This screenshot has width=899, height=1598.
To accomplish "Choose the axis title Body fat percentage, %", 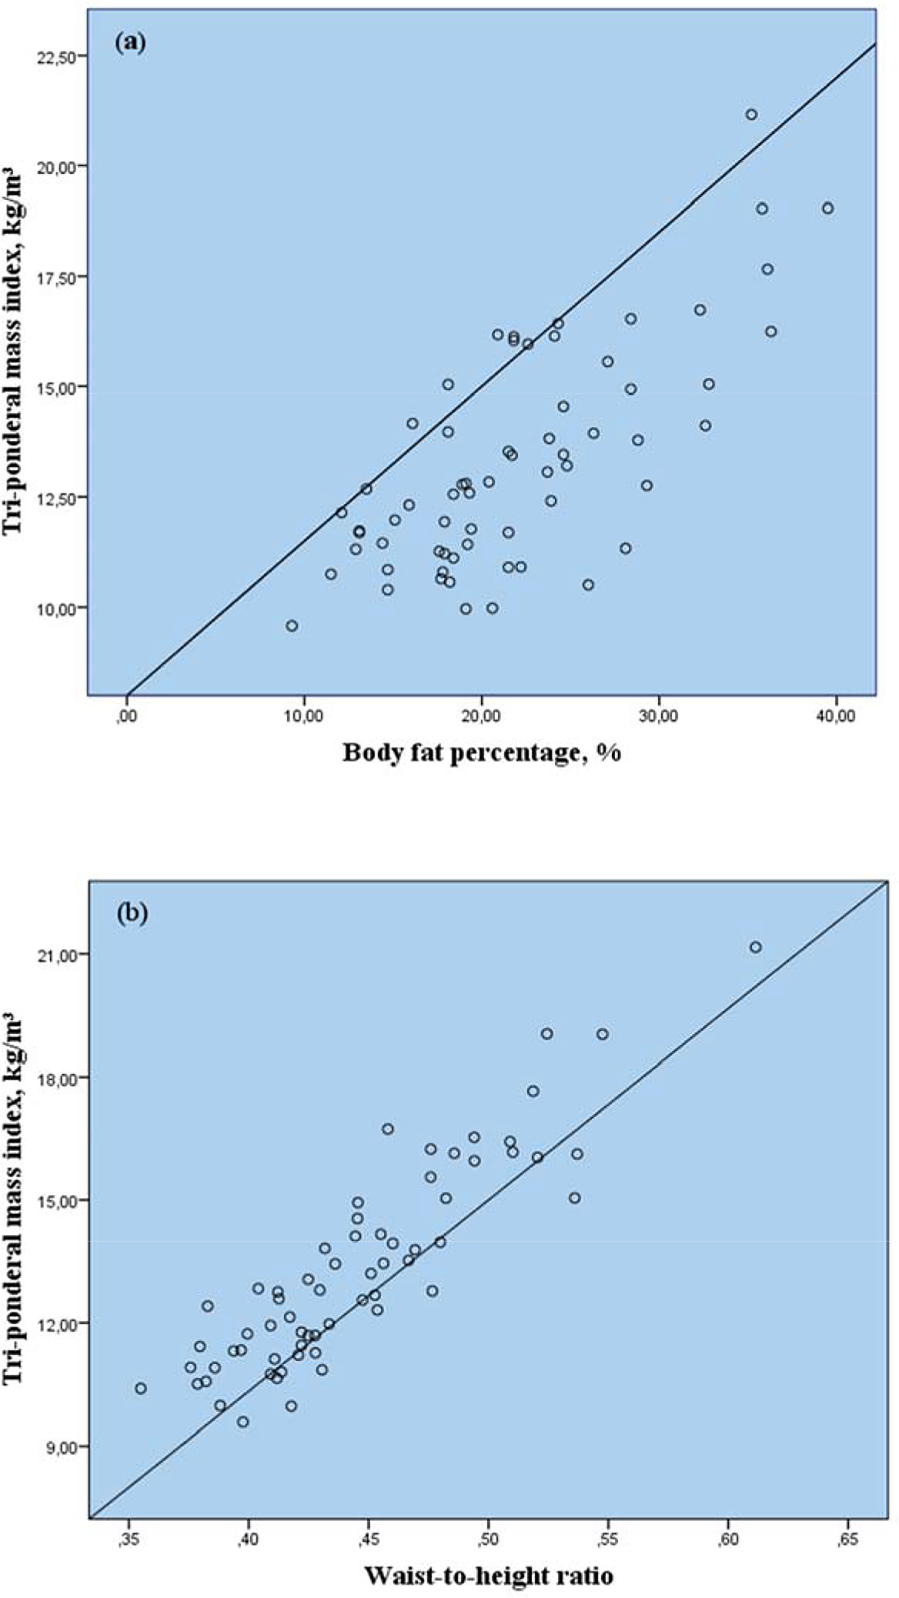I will pos(482,752).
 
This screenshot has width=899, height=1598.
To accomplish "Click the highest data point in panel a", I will pos(751,115).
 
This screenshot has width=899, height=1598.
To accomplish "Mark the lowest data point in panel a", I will pos(292,626).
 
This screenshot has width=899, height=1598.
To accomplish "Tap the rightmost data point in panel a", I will pos(827,208).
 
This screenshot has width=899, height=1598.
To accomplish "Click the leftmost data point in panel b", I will pos(141,1388).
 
